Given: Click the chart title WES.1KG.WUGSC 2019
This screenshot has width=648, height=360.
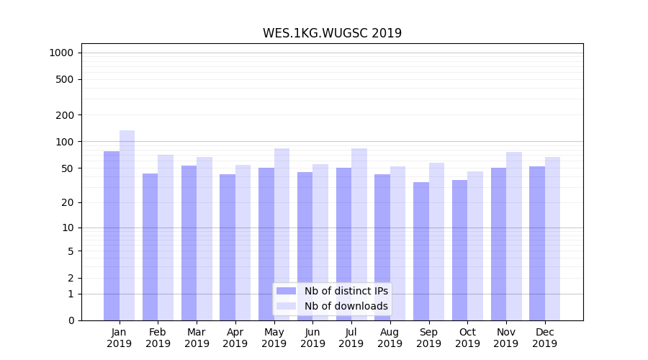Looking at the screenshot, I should (x=332, y=33).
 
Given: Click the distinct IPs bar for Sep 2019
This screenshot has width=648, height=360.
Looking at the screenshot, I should (x=421, y=251).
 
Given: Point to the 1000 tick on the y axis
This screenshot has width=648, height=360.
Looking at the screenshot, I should (x=61, y=53).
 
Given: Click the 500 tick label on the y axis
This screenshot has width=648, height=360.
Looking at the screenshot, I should (x=65, y=79).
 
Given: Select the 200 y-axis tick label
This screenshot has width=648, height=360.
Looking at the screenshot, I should (x=65, y=114).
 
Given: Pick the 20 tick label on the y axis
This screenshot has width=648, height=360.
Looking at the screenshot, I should (x=68, y=202).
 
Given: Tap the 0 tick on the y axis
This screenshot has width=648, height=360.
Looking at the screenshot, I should (x=71, y=320).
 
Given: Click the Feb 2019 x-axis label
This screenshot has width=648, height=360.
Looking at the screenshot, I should (x=158, y=338).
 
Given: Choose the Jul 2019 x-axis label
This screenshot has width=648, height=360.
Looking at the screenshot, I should (x=351, y=338).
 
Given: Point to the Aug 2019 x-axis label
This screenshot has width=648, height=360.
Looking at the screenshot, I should (x=390, y=338).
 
